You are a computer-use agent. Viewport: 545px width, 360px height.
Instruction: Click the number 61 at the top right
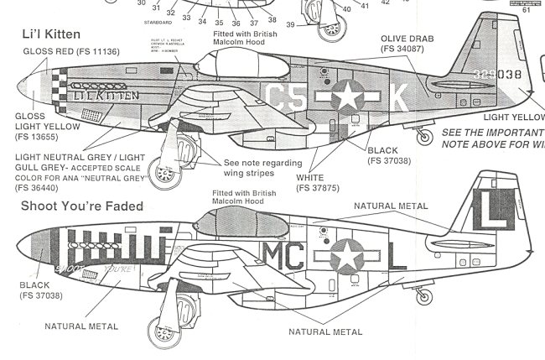click(x=527, y=11)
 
